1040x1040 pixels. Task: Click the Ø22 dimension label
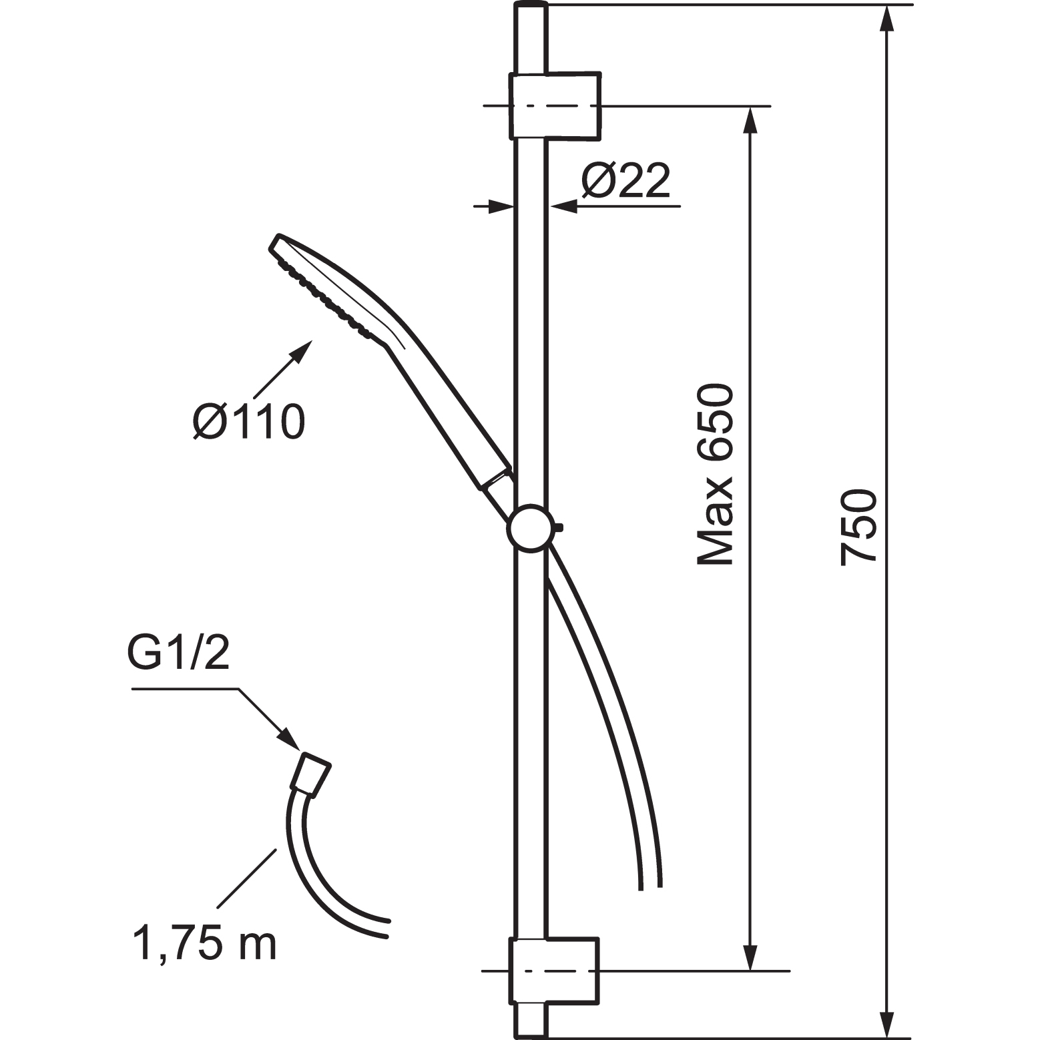625,180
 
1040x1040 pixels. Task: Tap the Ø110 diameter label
249,421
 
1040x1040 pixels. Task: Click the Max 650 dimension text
714,475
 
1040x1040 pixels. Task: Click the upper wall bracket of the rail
555,105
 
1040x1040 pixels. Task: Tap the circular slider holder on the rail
531,529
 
